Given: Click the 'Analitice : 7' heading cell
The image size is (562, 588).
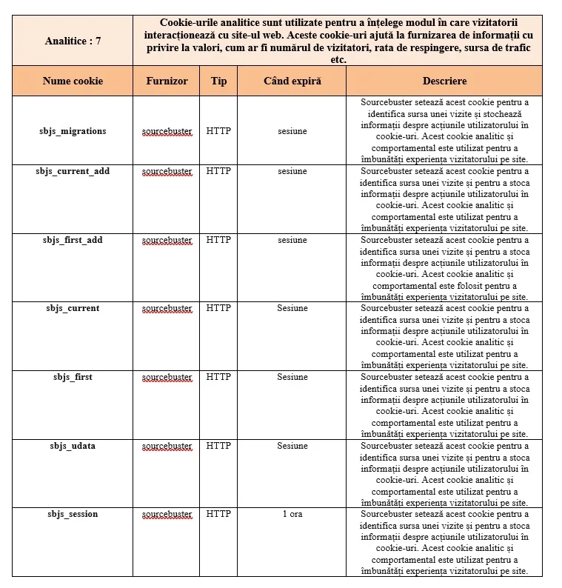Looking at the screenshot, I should tap(73, 41).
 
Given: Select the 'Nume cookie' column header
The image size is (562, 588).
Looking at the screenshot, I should tap(73, 81).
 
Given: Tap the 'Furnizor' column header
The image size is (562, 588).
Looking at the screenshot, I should tap(167, 81).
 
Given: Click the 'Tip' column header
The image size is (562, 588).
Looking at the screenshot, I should tap(218, 81).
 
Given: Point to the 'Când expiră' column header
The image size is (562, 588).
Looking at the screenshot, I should tap(292, 81).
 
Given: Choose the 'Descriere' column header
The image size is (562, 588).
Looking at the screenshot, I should tap(444, 81).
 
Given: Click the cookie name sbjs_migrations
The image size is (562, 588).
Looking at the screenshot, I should tap(73, 131).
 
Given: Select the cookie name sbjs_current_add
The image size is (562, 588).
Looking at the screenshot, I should tap(73, 171).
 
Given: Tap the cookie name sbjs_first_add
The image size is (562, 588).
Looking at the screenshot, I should tap(73, 240).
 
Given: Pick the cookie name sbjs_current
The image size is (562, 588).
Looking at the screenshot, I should tap(73, 308).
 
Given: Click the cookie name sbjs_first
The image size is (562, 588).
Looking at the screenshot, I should tap(73, 377).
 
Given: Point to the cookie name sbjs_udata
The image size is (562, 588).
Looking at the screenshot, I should tap(73, 446).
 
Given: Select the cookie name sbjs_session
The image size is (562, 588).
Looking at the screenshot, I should tap(73, 514).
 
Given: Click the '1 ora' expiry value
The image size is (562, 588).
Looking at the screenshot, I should tap(292, 514).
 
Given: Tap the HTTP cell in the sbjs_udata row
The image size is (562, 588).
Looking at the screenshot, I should tap(218, 446).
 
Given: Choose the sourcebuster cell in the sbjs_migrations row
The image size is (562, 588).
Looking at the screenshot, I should tap(167, 131).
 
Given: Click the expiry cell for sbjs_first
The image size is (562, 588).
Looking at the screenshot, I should tap(292, 377).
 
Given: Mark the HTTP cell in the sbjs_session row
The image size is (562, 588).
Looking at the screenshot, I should tap(218, 514).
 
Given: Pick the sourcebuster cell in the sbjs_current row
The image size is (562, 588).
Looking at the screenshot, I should tap(167, 308).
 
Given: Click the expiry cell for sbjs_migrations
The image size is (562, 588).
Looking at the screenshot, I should tap(292, 131).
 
